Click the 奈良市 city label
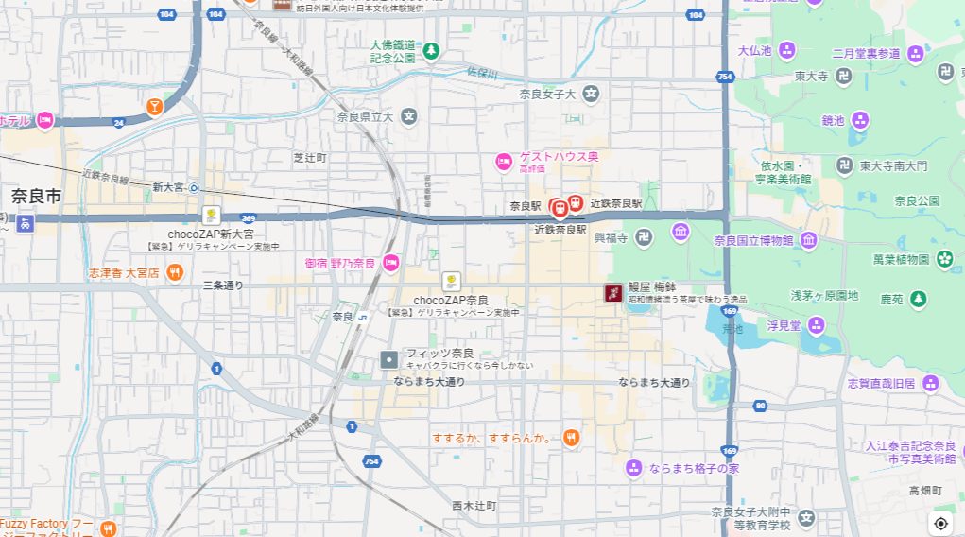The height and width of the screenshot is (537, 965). click(x=36, y=197)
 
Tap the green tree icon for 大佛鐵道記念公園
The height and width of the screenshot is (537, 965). click(x=431, y=50)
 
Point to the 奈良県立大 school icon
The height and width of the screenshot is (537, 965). click(x=408, y=117)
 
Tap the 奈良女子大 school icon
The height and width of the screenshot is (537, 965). click(x=591, y=93)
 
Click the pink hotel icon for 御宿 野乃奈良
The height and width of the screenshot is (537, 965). click(x=391, y=262)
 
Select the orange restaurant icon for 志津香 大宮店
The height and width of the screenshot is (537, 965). click(x=175, y=272)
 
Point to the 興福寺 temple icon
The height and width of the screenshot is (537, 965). click(x=644, y=236)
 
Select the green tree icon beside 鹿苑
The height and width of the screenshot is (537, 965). click(x=918, y=299)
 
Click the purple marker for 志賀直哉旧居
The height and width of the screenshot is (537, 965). click(x=931, y=383)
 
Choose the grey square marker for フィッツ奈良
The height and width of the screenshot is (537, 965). click(x=389, y=359)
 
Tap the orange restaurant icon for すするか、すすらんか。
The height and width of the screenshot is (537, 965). click(x=570, y=438)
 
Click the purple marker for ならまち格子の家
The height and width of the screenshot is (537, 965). click(x=634, y=468)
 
